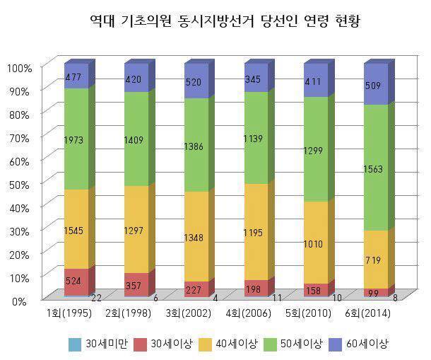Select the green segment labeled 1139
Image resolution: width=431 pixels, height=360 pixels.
(x=256, y=138)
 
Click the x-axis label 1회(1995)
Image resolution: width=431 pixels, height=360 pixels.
(x=68, y=313)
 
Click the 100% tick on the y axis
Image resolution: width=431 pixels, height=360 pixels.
(x=20, y=68)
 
